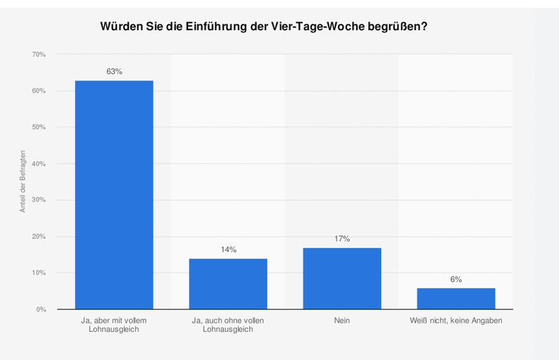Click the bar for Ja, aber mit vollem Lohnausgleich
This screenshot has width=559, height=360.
[114, 195]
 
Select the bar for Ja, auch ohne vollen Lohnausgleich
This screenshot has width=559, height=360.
[228, 284]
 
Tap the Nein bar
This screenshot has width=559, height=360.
[342, 279]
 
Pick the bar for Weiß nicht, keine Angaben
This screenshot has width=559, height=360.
[456, 299]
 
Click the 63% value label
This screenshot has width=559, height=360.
[115, 72]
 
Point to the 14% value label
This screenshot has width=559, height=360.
[229, 250]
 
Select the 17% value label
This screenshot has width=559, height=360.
[342, 239]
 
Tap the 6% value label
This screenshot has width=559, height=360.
[456, 280]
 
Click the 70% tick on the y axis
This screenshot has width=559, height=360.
[39, 54]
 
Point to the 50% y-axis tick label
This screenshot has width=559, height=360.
[39, 128]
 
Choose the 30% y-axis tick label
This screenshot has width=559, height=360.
[39, 200]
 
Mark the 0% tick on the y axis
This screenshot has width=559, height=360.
[41, 310]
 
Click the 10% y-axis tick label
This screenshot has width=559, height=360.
[39, 273]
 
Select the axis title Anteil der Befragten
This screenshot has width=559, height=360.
[23, 182]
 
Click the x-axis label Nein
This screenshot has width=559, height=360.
[342, 321]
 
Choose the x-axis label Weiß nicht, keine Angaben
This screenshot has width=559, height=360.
[456, 321]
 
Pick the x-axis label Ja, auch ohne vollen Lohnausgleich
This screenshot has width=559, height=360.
[228, 325]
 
